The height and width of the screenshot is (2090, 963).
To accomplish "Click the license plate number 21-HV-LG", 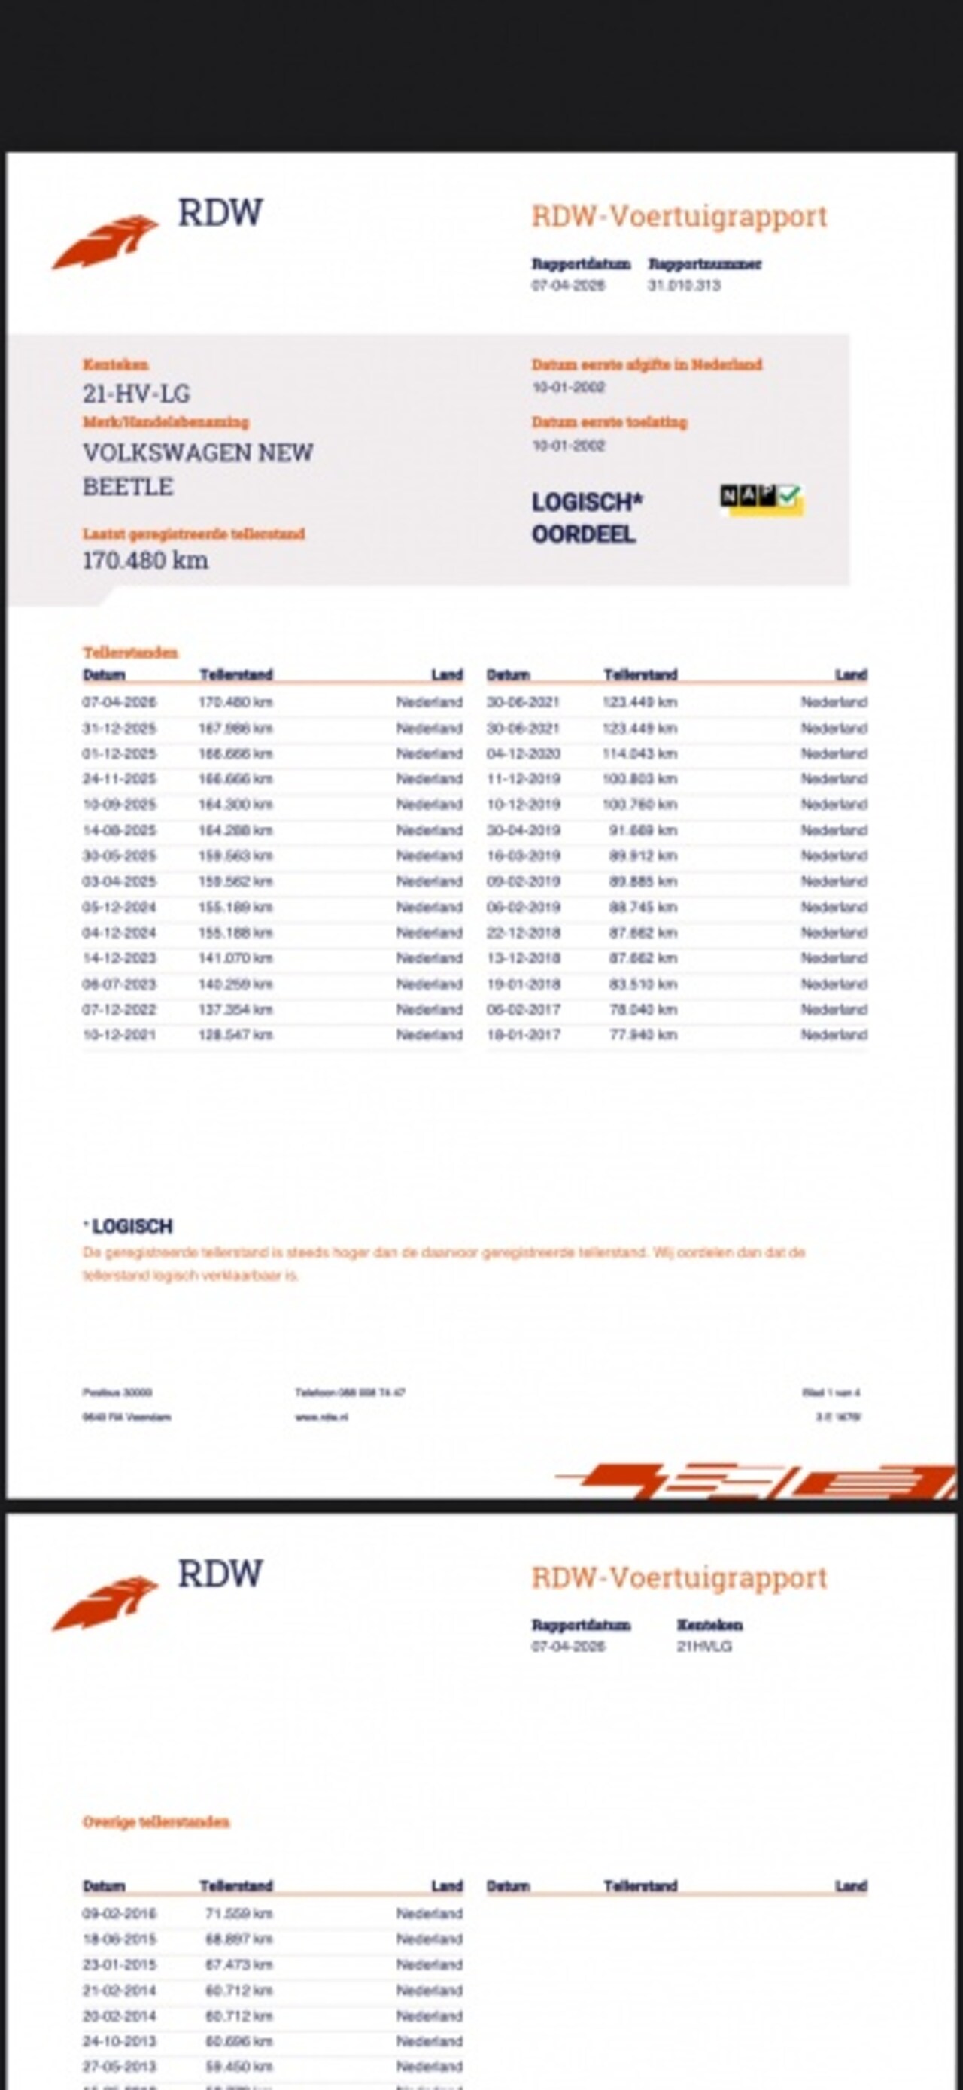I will (136, 394).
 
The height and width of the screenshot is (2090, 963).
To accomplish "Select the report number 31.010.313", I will (684, 285).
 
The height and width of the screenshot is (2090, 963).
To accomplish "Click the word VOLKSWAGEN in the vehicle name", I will (166, 453).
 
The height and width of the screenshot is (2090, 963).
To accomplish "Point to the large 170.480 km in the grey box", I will (145, 561).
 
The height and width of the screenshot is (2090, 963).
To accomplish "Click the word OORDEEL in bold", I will (583, 534).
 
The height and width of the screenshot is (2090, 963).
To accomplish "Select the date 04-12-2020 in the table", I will (524, 753).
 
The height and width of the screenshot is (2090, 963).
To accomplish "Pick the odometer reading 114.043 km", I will (640, 753).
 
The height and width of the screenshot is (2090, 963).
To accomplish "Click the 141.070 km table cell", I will (235, 958).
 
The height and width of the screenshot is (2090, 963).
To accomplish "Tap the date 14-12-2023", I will (120, 958).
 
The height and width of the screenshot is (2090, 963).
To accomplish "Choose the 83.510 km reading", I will (643, 984).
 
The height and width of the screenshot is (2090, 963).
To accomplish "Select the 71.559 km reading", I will (238, 1913).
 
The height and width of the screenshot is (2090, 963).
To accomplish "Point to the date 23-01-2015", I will (120, 1964).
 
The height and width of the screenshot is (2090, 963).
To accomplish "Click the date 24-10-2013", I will (120, 2041).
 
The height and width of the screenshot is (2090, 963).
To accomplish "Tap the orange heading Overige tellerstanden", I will (156, 1822).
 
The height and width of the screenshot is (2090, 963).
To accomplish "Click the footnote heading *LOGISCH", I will (130, 1226).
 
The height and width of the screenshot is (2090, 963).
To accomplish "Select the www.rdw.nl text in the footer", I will (321, 1417).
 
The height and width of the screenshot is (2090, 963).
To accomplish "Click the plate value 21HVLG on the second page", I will (704, 1646).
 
